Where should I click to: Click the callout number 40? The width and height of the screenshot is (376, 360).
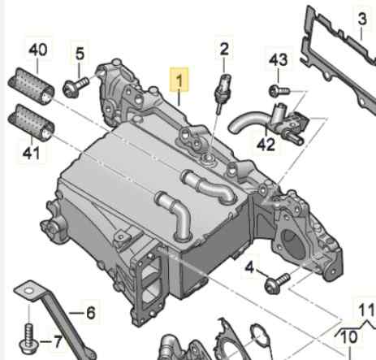coord(38,50)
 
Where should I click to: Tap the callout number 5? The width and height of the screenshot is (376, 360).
coord(80,54)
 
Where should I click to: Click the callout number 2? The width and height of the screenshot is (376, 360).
coord(223,50)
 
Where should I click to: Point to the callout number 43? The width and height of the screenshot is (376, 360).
coord(279,60)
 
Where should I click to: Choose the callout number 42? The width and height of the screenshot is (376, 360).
coord(266,145)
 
